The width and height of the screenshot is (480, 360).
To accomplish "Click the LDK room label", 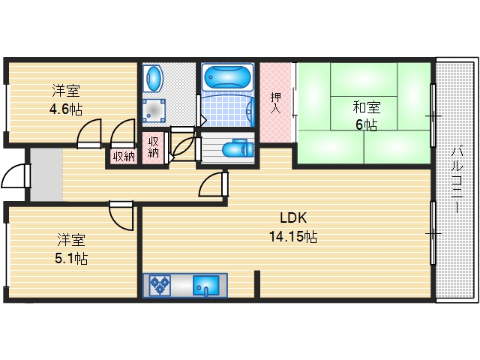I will [x=293, y=219].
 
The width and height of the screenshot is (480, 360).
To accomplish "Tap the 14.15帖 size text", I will [x=293, y=237].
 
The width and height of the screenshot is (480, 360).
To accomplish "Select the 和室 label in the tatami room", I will [x=366, y=107].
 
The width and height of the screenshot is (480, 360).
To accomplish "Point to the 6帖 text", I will [x=366, y=124].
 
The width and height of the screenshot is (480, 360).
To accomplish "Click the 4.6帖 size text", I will [x=66, y=109].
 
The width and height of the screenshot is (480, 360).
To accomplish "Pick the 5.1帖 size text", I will [x=72, y=259].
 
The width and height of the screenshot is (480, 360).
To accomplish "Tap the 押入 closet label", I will [x=276, y=102].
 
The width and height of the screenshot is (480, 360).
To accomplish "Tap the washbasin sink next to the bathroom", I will [x=153, y=77].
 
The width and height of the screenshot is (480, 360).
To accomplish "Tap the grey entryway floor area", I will [x=45, y=174].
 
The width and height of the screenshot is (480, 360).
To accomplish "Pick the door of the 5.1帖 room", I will [x=121, y=215].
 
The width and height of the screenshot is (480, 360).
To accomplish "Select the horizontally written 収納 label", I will [x=124, y=156].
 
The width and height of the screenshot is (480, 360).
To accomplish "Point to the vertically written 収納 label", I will [x=154, y=146].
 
